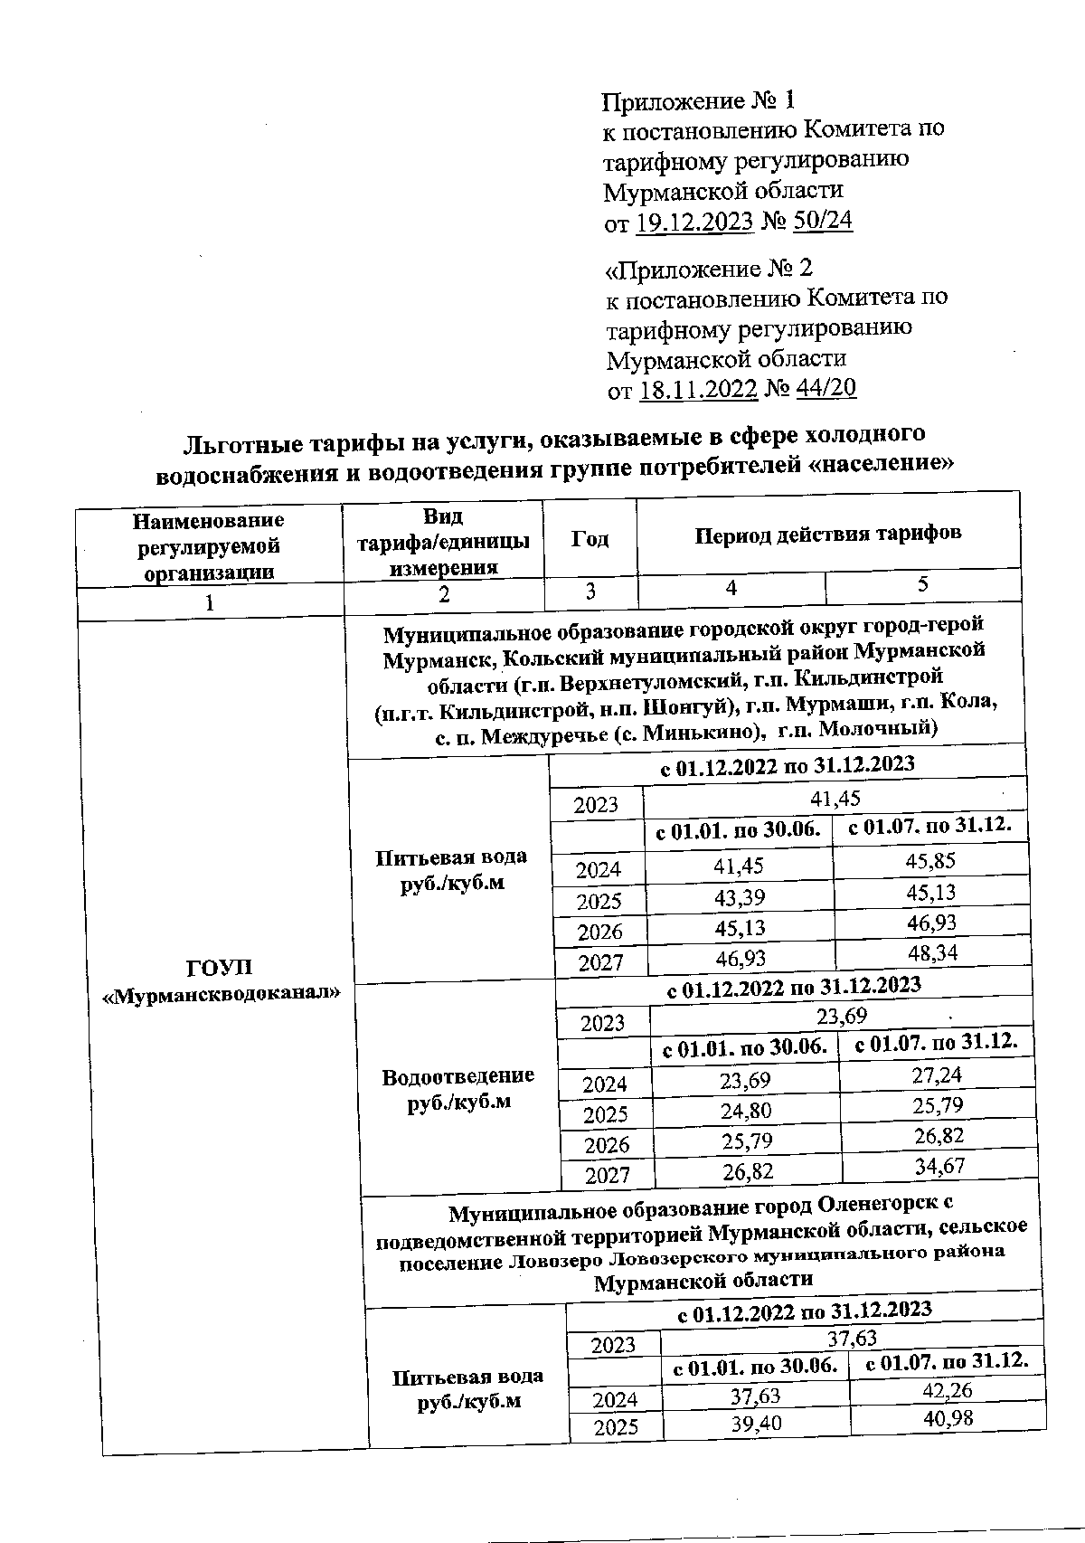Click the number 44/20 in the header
pyautogui.click(x=825, y=389)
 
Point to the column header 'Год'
pyautogui.click(x=590, y=540)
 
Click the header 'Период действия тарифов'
pyautogui.click(x=827, y=534)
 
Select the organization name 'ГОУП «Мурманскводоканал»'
pyautogui.click(x=222, y=980)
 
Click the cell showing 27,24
pyautogui.click(x=936, y=1074)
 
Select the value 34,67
pyautogui.click(x=939, y=1167)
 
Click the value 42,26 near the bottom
pyautogui.click(x=947, y=1389)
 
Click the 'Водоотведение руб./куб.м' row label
pyautogui.click(x=458, y=1088)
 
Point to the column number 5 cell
pyautogui.click(x=923, y=584)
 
